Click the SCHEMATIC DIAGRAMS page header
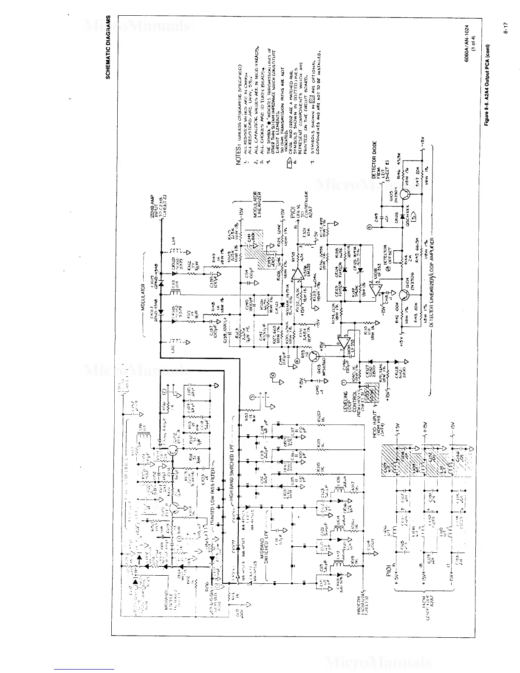tap(108, 47)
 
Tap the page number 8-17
tap(506, 35)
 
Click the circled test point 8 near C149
tap(369, 228)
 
